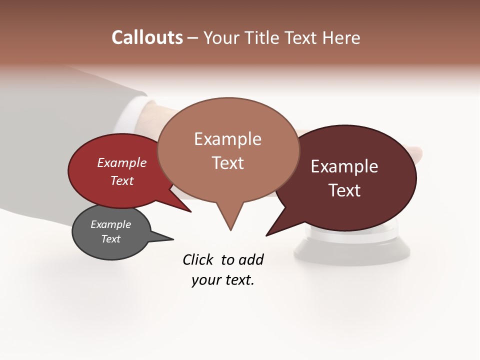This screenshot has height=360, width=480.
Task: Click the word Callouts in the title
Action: [147, 37]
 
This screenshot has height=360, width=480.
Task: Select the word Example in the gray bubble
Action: [111, 224]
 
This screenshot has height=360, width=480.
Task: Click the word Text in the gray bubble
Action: [111, 239]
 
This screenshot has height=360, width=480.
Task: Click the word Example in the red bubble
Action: [122, 163]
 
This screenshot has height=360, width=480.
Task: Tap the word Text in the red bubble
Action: [122, 180]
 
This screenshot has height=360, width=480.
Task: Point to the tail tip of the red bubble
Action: [190, 211]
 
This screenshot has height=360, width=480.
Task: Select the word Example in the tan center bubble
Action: [228, 139]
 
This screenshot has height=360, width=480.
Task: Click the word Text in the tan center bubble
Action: [228, 163]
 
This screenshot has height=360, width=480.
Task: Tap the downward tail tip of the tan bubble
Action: [230, 229]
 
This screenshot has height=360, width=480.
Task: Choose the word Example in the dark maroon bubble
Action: [344, 166]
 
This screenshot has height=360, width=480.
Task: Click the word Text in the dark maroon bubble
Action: [344, 190]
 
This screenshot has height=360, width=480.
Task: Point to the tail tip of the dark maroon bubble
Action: [267, 235]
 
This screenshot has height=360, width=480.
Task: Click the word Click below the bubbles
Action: [198, 259]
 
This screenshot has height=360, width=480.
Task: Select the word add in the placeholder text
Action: [250, 259]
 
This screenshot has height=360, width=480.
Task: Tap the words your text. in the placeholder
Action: [223, 280]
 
